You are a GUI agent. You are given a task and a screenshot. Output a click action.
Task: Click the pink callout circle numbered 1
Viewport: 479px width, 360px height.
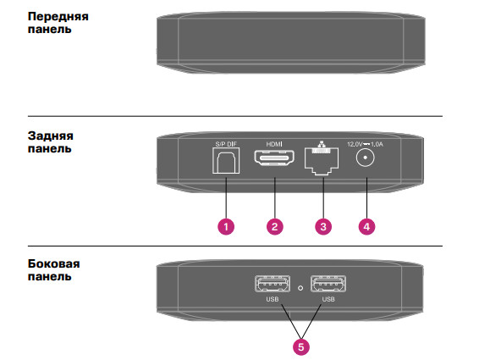[x=226, y=227]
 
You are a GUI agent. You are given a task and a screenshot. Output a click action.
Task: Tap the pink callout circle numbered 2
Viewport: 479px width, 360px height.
[x=275, y=227]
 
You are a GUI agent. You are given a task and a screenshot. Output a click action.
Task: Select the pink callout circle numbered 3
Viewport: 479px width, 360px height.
[x=323, y=227]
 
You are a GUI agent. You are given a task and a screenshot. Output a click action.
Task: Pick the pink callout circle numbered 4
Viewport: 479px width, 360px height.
[x=366, y=227]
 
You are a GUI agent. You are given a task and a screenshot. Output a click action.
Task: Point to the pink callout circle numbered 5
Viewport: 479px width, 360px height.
[x=301, y=346]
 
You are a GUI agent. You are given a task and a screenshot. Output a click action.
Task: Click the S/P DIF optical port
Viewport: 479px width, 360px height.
[x=226, y=161]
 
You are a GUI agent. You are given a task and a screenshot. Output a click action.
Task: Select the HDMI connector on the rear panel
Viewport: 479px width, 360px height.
[x=274, y=158]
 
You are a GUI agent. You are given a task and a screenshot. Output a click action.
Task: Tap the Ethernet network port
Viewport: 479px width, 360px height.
[x=322, y=162]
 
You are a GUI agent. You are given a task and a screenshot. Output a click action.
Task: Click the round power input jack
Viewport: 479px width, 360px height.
[x=365, y=158]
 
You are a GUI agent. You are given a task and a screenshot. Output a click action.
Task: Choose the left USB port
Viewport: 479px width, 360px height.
[x=273, y=284]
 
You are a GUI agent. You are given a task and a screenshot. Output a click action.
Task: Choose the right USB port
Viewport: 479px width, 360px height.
[x=328, y=284]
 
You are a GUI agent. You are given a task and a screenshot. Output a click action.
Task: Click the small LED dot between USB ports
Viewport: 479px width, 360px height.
[x=300, y=288]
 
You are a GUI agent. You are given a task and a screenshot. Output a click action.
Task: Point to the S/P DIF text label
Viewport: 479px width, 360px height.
[x=226, y=144]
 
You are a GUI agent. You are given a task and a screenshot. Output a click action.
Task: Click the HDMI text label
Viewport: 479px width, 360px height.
[x=274, y=144]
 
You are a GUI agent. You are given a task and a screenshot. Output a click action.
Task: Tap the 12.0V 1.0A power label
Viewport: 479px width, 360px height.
[x=365, y=144]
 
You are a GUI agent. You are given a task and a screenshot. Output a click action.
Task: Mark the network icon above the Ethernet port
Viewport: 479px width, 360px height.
[x=321, y=144]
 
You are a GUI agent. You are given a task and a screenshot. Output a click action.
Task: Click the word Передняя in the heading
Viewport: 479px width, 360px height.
[x=58, y=16]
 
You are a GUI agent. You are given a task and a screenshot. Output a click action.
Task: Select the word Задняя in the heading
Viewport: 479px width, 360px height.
[x=51, y=136]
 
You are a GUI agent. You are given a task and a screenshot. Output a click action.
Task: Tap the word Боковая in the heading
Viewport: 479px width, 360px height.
[x=54, y=263]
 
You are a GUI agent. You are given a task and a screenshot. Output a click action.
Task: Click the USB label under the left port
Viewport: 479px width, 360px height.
[x=273, y=299]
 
